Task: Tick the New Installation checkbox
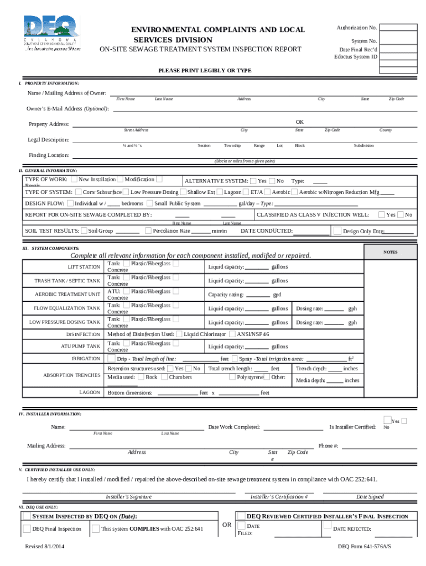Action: coord(75,180)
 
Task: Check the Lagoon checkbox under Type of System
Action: coord(220,192)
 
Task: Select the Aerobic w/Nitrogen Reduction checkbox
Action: coord(294,192)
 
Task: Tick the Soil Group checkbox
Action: coord(84,230)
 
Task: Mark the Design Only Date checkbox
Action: coord(337,231)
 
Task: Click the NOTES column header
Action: coord(390,252)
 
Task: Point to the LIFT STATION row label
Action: coord(84,267)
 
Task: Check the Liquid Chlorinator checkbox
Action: coord(179,334)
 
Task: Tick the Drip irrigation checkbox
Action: coord(112,359)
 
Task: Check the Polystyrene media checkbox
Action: coord(232,377)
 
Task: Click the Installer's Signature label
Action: coord(128,496)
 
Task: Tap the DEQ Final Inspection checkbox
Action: coord(27,529)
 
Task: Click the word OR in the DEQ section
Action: coord(226,524)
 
